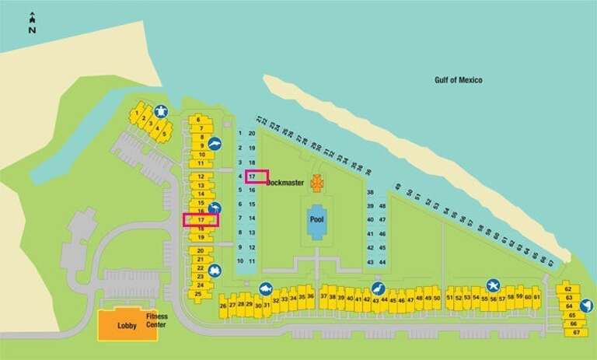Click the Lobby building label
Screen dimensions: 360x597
coord(127,326)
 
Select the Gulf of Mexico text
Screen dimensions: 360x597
coord(459,80)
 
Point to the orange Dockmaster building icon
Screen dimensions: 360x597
coord(316,183)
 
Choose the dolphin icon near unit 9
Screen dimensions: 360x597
coord(215,144)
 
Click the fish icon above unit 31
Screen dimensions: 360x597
coord(265,288)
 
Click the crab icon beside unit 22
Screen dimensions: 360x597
coord(215,271)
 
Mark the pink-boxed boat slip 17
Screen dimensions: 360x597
coord(252,177)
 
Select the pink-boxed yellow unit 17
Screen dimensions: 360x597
coord(201,221)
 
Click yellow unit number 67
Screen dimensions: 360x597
coord(575,333)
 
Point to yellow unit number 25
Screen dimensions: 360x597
coord(199,294)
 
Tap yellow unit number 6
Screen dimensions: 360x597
coord(199,119)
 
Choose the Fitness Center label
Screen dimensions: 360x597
coord(156,320)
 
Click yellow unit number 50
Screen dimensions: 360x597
coord(437,299)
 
